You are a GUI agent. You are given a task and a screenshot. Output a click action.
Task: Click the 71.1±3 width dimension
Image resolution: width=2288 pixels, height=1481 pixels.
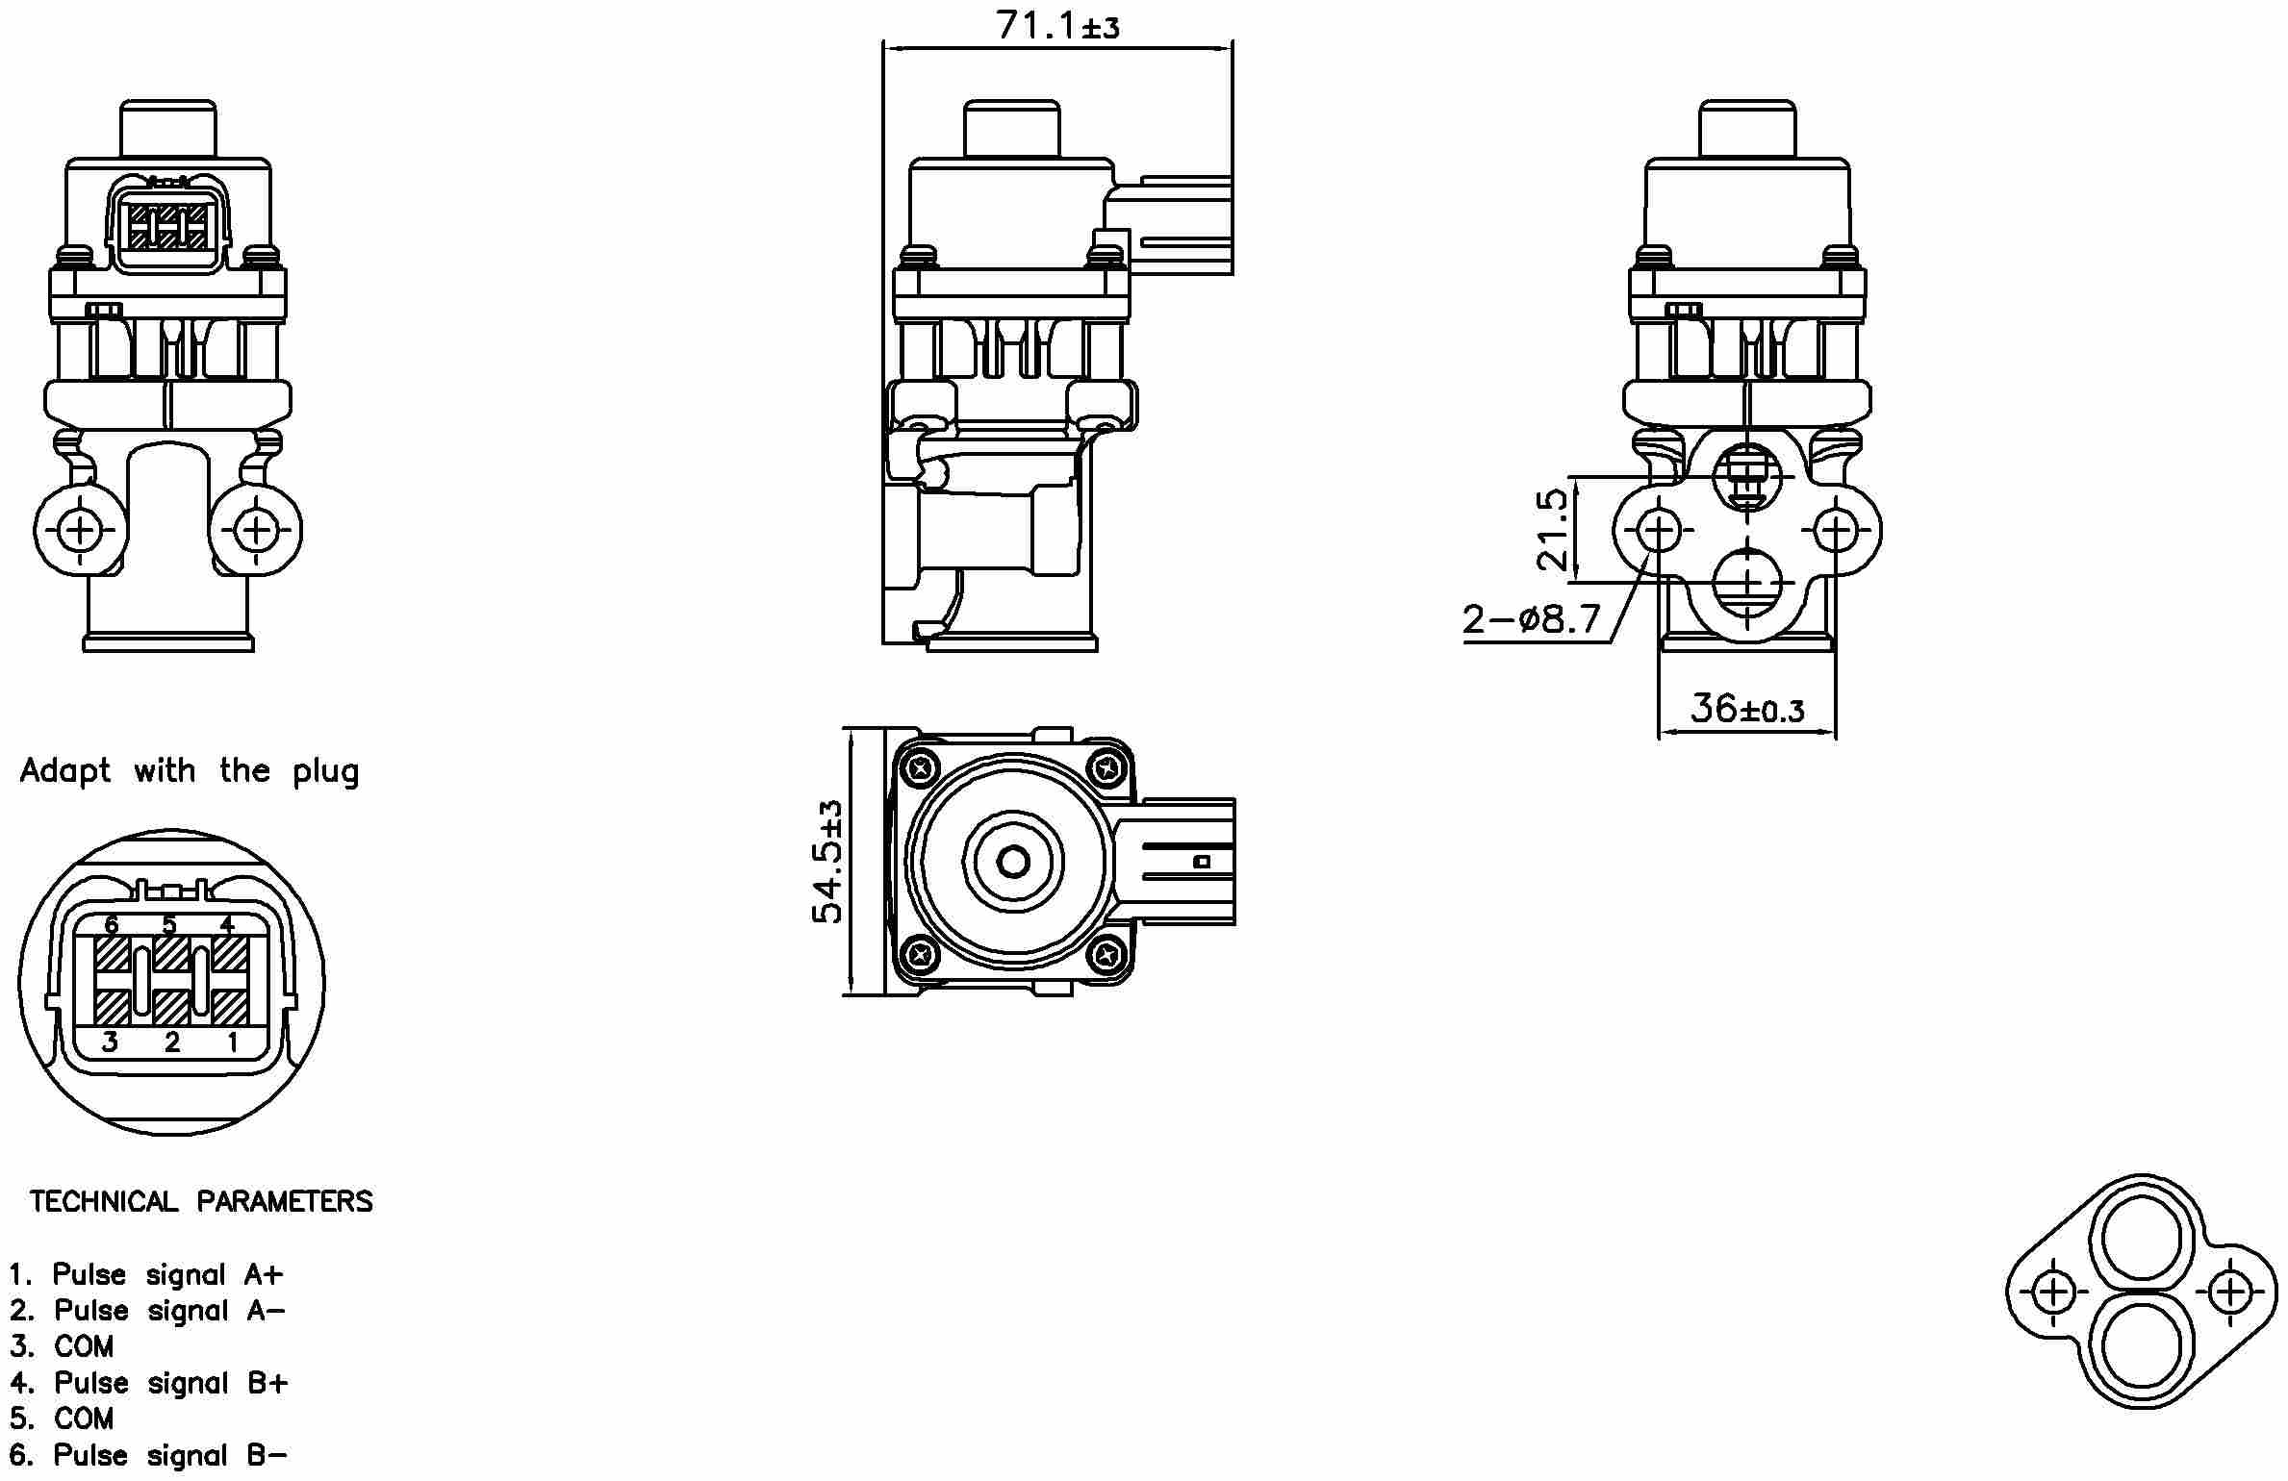1057,26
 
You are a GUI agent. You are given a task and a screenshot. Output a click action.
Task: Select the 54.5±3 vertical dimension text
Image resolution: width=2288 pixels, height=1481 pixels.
827,862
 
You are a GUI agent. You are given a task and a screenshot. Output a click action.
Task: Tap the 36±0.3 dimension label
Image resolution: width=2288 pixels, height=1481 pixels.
1746,710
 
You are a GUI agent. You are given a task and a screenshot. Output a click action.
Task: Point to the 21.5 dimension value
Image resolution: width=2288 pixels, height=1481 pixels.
1552,529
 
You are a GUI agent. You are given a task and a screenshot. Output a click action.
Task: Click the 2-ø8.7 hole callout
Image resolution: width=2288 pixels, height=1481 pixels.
1532,618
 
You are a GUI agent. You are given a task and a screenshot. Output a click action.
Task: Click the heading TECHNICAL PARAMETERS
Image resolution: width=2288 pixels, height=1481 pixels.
200,1201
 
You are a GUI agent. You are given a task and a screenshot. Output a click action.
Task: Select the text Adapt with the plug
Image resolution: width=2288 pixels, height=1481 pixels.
189,771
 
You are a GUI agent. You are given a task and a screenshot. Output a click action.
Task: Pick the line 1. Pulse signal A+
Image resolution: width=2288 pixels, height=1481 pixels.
146,1274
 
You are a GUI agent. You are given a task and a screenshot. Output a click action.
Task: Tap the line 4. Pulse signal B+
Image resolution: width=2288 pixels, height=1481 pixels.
148,1383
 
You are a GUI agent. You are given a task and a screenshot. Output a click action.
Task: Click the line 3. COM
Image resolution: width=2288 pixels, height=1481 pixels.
62,1346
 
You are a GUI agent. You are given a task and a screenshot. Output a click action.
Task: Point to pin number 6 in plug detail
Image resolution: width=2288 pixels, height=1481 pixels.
112,925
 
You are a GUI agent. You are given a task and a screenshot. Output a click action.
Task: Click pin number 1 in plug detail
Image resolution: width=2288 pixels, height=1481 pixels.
232,1042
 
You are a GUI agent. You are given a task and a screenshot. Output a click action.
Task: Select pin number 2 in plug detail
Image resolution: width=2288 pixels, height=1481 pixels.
172,1042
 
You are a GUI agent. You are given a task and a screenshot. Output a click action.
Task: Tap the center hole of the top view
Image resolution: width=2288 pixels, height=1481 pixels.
1013,862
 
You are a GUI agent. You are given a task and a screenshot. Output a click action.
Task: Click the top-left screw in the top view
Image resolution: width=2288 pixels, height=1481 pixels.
923,767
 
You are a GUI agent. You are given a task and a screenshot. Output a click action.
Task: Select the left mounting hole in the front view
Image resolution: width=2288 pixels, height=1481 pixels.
80,530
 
